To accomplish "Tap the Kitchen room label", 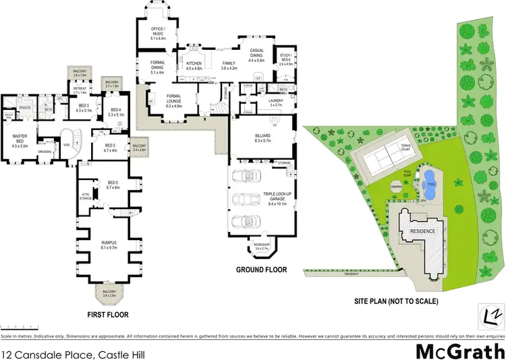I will pos(194,65).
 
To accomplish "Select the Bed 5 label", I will pos(112,185).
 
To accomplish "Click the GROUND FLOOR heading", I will pos(261,270).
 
